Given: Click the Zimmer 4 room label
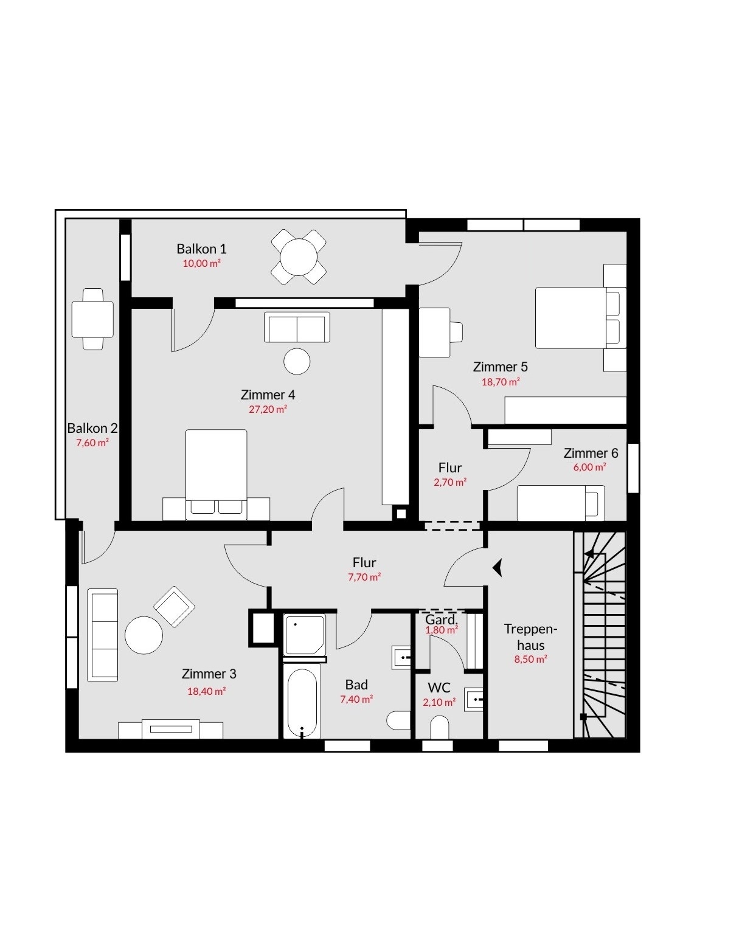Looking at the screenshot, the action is coord(268,395).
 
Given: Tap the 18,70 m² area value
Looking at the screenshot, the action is coord(501,382).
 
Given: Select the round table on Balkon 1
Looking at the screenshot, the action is coord(299,257).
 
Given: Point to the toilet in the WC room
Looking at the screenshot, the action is coord(439,726).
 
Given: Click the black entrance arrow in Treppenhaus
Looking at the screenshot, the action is coord(498,568).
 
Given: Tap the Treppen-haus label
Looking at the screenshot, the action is coord(530,637).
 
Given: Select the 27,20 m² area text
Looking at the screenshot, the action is coord(268,410).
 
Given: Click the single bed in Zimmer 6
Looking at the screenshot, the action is coord(561,503).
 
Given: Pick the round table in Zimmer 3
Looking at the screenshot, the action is coord(144,635).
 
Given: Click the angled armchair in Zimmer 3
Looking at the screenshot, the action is coord(175,607).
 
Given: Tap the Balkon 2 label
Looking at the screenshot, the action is coord(92,428).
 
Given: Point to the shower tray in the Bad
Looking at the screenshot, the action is coord(304,635).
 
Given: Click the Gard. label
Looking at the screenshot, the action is coord(442,619).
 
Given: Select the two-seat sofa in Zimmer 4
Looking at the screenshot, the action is coord(297,327).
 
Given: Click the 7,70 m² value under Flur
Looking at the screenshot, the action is coord(364,577).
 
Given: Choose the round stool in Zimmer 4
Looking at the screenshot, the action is coord(297,361).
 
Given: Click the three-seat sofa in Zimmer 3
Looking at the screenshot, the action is coord(103,635).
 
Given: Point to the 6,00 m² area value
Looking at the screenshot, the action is coord(589,468).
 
